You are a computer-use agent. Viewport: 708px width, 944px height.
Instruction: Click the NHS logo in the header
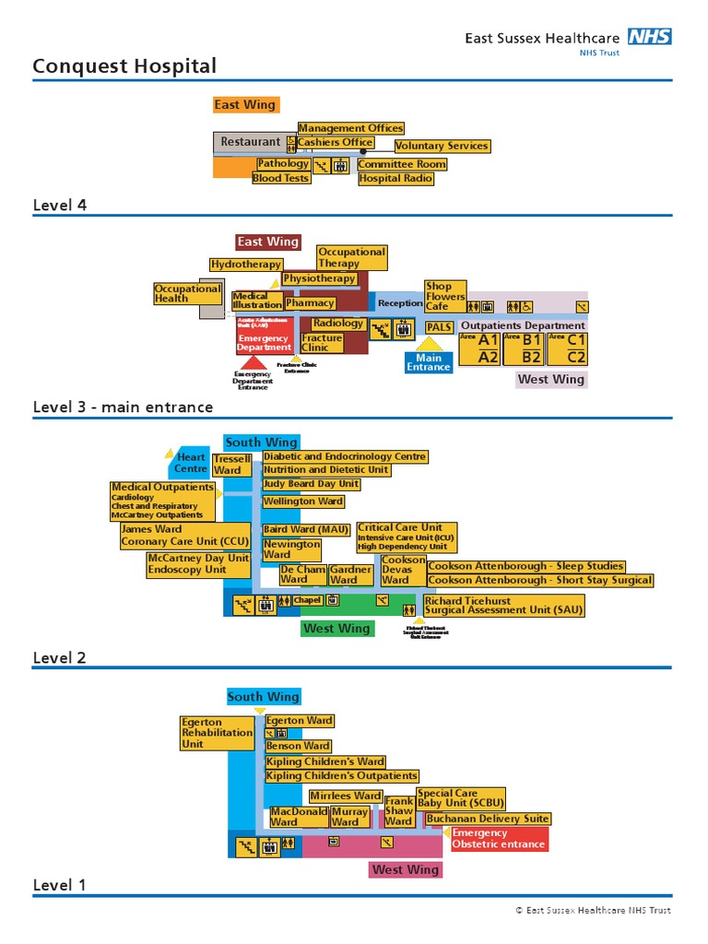[x=649, y=37]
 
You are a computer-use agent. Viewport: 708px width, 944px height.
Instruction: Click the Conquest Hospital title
[x=124, y=66]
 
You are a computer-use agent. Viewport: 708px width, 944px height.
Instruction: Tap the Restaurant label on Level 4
[x=250, y=142]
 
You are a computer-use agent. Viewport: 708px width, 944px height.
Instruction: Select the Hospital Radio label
[x=395, y=178]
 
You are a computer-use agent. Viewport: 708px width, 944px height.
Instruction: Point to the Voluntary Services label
[x=442, y=146]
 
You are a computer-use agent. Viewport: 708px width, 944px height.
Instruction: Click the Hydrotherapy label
[x=245, y=265]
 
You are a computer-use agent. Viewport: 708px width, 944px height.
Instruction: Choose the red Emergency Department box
[x=264, y=338]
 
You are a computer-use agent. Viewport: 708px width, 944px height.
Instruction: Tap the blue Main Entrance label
[x=429, y=362]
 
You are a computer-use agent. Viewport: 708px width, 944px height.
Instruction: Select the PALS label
[x=439, y=326]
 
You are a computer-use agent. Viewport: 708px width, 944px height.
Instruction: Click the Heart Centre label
[x=191, y=463]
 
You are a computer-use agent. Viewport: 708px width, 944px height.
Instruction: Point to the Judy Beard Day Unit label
[x=311, y=484]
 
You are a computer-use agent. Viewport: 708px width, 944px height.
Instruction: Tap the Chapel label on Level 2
[x=307, y=600]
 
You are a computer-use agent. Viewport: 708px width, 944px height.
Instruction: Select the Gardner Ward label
[x=350, y=574]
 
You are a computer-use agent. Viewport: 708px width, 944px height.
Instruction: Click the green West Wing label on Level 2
[x=336, y=629]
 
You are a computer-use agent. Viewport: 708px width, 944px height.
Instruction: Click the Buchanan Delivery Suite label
[x=488, y=819]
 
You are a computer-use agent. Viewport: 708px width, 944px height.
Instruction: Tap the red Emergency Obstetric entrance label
[x=498, y=839]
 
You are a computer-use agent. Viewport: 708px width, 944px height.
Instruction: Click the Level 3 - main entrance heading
[x=123, y=407]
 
